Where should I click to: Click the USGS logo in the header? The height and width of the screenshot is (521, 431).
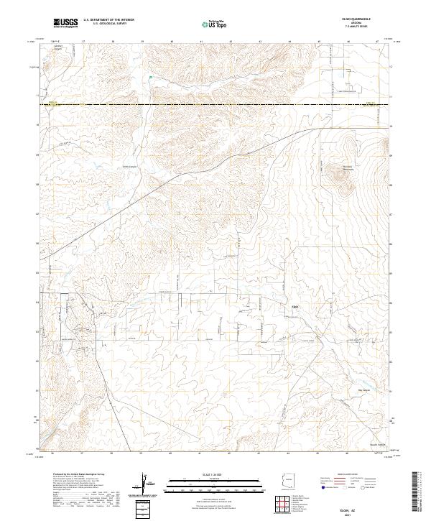click(66, 23)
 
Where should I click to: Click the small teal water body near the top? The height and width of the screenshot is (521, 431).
click(151, 78)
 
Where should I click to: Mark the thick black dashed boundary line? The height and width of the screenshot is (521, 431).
click(215, 106)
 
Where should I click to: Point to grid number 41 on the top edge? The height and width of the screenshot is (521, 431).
click(201, 42)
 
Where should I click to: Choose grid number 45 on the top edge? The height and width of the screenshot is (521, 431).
click(318, 42)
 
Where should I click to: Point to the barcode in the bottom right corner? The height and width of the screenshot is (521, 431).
click(421, 492)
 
